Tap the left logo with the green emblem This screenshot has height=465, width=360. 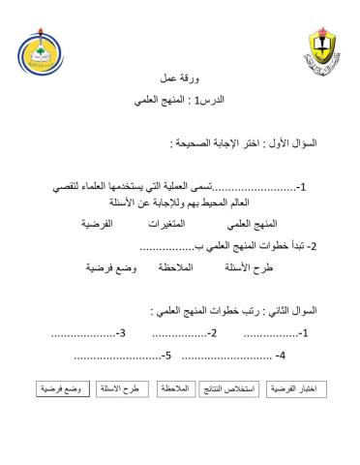click(48, 57)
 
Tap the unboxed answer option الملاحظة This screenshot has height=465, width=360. click(183, 265)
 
